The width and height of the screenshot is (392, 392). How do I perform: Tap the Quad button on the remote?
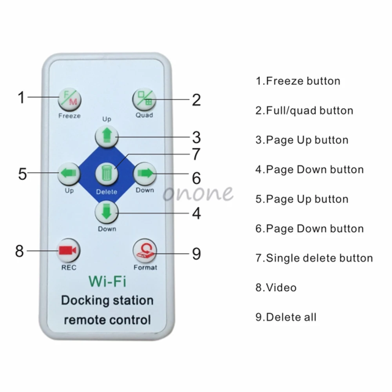[144, 100]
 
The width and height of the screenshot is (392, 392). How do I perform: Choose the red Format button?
[144, 250]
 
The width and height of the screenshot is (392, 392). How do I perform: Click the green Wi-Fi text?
[107, 281]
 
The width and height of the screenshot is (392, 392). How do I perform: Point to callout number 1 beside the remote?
[21, 97]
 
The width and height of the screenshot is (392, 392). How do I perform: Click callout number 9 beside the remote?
[196, 254]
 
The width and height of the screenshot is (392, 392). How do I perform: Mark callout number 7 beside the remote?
[196, 154]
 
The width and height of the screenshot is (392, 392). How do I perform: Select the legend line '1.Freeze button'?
[298, 81]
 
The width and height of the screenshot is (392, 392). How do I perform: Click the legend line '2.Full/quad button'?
[304, 111]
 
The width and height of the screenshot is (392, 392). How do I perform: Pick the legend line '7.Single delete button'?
[314, 258]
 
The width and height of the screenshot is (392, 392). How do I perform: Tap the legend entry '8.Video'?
[276, 287]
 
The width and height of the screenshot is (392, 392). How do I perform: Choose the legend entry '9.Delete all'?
[286, 317]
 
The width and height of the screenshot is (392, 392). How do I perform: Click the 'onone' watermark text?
[198, 193]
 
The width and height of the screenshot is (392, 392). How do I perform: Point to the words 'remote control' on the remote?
[107, 319]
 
